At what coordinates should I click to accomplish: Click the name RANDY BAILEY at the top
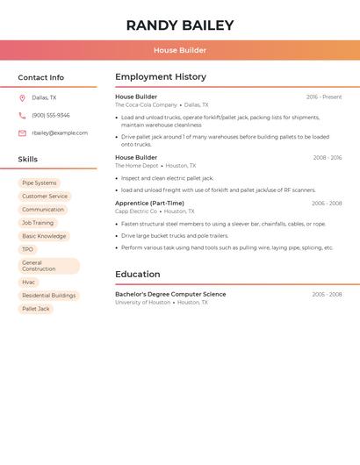180,25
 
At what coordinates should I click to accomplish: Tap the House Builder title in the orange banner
180,51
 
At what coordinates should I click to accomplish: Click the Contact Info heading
41,77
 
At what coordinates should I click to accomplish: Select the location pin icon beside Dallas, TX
22,98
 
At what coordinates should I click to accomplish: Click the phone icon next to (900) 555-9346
22,116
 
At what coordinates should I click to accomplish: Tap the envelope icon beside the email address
22,133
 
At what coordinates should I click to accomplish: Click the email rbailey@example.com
60,133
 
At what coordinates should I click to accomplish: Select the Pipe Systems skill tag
39,183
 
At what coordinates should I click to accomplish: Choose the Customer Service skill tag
45,197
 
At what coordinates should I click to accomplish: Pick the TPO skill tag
27,249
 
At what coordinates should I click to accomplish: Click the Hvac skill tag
29,283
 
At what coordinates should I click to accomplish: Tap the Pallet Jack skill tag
36,309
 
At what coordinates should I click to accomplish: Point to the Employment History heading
161,77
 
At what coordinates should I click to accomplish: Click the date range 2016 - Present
324,97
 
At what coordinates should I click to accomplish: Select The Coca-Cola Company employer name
146,104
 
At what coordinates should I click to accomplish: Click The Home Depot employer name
137,165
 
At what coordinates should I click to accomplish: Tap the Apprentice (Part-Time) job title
149,204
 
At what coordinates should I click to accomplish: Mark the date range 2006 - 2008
327,204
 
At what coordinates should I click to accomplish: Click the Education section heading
137,275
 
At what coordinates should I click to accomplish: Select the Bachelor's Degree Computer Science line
170,294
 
